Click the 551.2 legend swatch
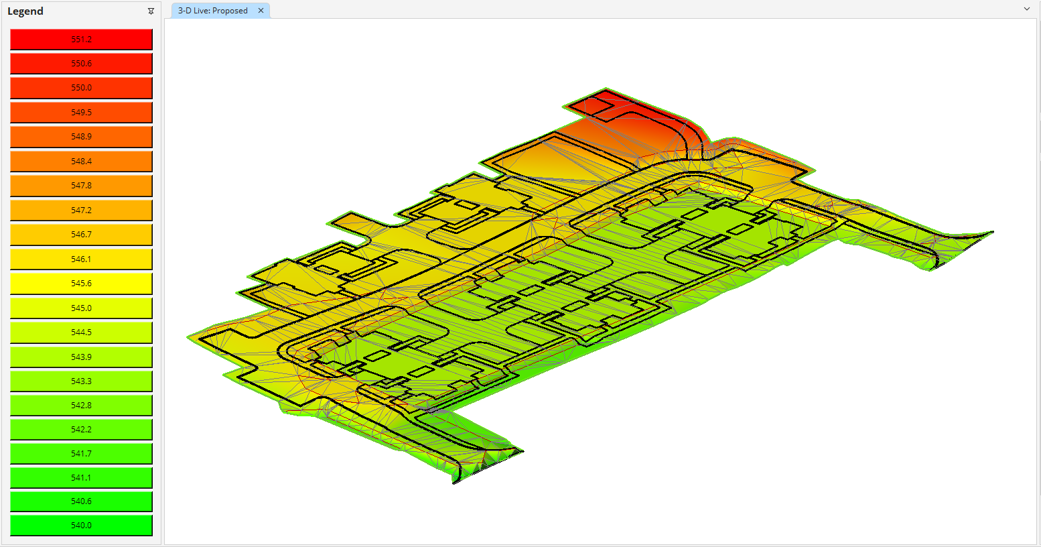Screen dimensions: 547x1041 coord(81,40)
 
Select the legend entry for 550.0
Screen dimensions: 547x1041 coord(81,88)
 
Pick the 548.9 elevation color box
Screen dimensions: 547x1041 coord(81,137)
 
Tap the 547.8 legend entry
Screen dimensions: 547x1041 coord(81,186)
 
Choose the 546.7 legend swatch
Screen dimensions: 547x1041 coord(81,235)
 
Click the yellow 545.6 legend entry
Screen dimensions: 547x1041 coord(81,284)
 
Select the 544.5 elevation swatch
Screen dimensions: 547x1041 coord(81,332)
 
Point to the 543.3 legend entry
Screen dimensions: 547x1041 coord(81,381)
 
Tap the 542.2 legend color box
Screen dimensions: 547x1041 coord(81,430)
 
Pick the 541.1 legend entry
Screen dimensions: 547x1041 coord(81,478)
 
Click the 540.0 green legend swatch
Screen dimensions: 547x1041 coord(81,526)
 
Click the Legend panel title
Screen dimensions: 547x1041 coord(25,11)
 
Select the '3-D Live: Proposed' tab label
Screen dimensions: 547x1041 coord(212,11)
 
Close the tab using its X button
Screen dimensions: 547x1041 coord(261,11)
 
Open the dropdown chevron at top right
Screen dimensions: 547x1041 coord(1027,9)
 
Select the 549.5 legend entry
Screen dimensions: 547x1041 coord(81,113)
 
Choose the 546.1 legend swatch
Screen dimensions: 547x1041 coord(81,259)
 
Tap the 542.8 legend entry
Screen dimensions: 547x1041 coord(81,406)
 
